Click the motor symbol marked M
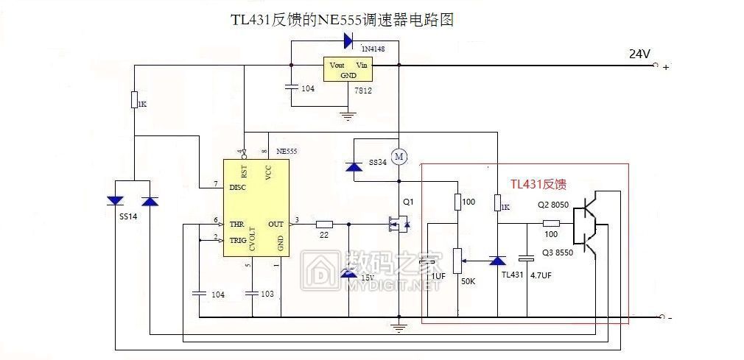pos(399,156)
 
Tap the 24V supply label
pos(639,54)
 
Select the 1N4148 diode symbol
pos(346,39)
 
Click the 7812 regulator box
pos(348,70)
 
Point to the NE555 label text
pos(287,151)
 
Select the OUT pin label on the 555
pos(276,224)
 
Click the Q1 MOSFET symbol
pos(399,223)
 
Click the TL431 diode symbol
pos(498,261)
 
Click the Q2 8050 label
pos(552,205)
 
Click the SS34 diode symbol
pos(354,167)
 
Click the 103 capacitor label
pos(267,294)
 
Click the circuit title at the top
pos(342,19)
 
